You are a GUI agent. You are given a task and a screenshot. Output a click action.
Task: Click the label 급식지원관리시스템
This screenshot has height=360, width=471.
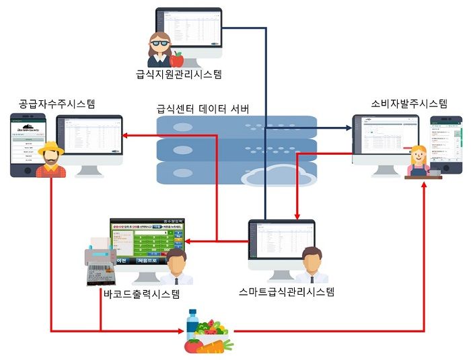(x=178, y=74)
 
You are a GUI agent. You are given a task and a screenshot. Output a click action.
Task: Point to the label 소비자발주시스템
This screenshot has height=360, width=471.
(x=409, y=104)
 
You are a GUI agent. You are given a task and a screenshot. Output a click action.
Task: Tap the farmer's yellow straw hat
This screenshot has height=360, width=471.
(x=48, y=147)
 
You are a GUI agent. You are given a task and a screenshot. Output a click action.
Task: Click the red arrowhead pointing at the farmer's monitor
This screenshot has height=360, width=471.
(x=126, y=136)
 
